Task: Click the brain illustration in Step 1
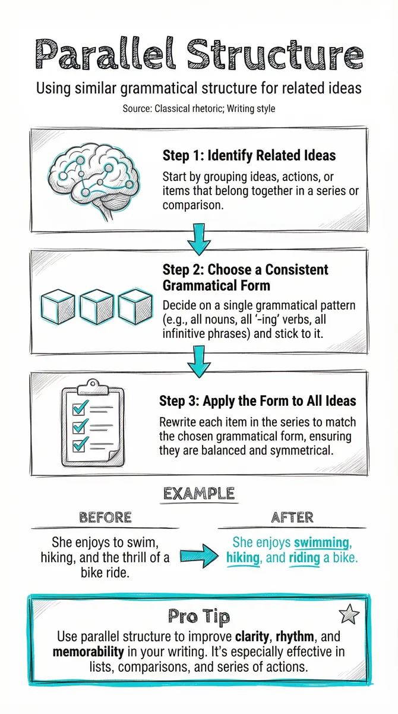point(94,180)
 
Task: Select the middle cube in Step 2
point(96,307)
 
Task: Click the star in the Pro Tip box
point(349,613)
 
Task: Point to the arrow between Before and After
point(200,556)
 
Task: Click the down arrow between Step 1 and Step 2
point(199,239)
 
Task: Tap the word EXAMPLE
point(199,494)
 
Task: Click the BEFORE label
point(105,517)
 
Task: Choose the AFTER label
point(292,517)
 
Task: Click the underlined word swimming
point(321,543)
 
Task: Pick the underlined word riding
point(304,558)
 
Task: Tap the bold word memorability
point(88,652)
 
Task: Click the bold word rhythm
point(295,637)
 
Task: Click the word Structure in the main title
point(275,54)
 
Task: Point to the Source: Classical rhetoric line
point(199,109)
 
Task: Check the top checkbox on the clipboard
point(78,408)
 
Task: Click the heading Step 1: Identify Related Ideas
point(249,155)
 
